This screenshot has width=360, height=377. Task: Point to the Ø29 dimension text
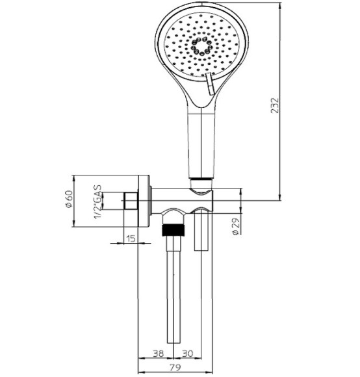(x=235, y=227)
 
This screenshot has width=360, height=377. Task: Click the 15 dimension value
(x=130, y=239)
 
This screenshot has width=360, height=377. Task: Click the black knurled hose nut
(x=174, y=230)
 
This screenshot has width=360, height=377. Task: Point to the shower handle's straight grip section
(x=200, y=143)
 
